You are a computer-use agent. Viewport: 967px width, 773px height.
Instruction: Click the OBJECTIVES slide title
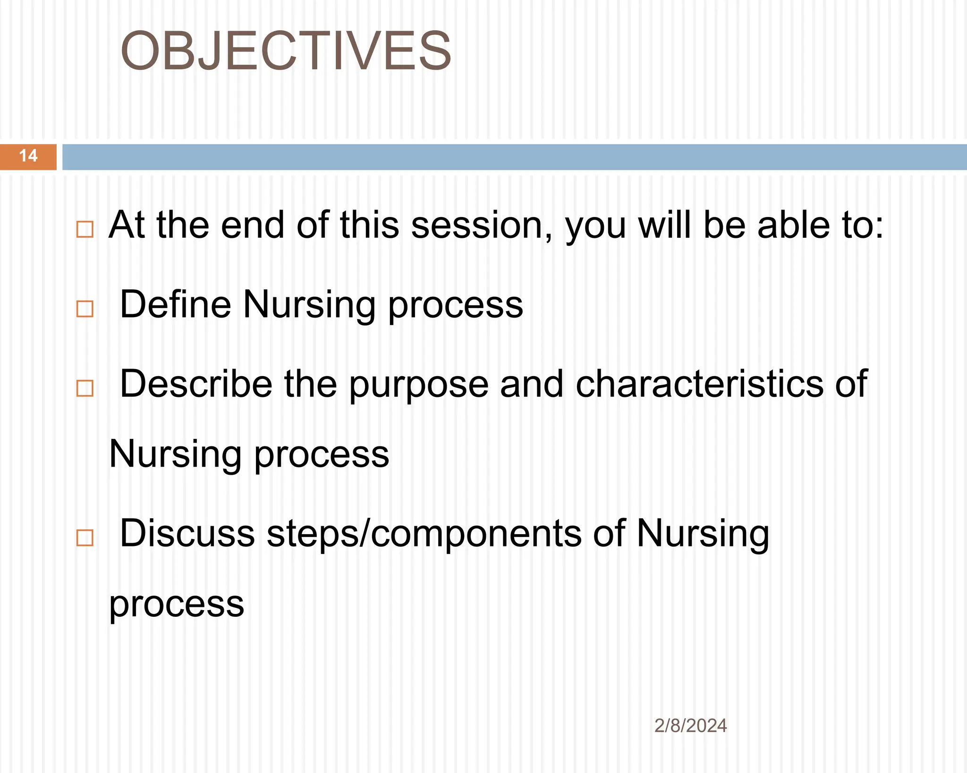pyautogui.click(x=286, y=51)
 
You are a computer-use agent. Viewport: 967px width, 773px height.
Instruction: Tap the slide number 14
pyautogui.click(x=28, y=156)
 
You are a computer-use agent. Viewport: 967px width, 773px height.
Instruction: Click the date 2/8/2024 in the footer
pyautogui.click(x=690, y=726)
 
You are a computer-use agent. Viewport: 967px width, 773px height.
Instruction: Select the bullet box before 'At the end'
pyautogui.click(x=85, y=229)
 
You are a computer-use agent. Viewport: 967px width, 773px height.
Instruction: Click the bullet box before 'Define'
pyautogui.click(x=85, y=309)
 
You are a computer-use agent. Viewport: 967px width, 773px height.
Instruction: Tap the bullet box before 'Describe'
pyautogui.click(x=85, y=388)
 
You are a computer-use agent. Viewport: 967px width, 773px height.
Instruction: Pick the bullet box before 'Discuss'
pyautogui.click(x=85, y=538)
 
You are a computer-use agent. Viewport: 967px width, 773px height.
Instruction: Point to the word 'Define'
pyautogui.click(x=175, y=304)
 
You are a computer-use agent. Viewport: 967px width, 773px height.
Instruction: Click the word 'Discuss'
pyautogui.click(x=187, y=533)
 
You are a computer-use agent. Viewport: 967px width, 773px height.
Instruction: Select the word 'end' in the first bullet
pyautogui.click(x=253, y=225)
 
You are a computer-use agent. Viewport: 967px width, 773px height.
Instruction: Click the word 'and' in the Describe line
pyautogui.click(x=532, y=384)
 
